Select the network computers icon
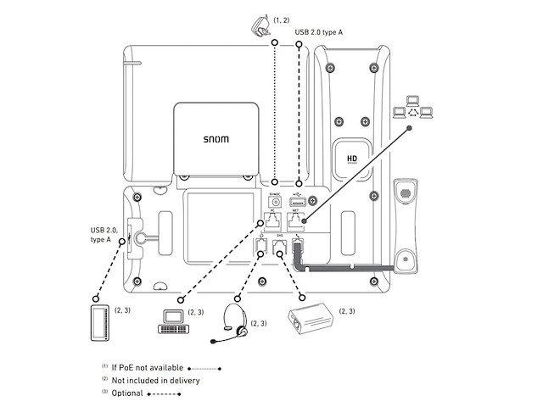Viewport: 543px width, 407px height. coord(412,107)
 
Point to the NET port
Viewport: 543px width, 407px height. coord(296,220)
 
